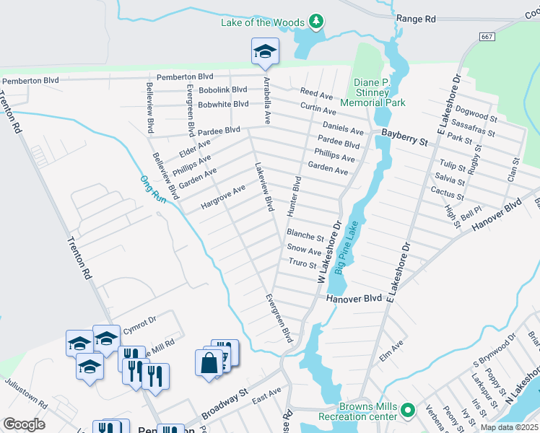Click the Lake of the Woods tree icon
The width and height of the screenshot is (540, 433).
pyautogui.click(x=315, y=22)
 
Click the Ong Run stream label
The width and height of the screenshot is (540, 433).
pyautogui.click(x=153, y=189)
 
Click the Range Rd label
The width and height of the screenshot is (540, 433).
pyautogui.click(x=417, y=17)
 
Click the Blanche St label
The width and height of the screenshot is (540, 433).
pyautogui.click(x=305, y=235)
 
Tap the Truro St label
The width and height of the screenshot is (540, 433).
pyautogui.click(x=302, y=264)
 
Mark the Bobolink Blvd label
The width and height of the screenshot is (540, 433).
pyautogui.click(x=223, y=90)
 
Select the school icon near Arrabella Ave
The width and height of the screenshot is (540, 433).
pyautogui.click(x=265, y=52)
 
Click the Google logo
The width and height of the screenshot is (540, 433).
pyautogui.click(x=24, y=424)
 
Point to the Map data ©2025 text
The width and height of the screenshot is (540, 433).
pyautogui.click(x=508, y=427)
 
